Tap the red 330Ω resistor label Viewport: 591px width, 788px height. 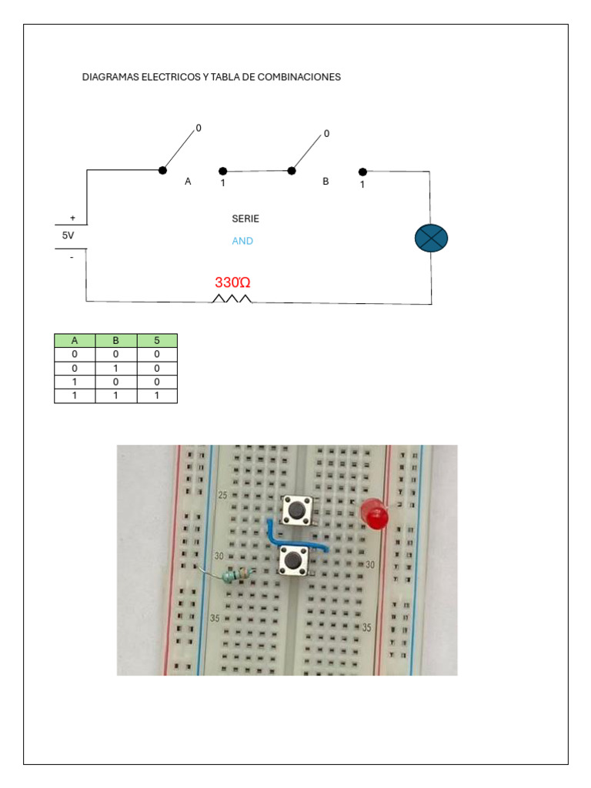point(232,282)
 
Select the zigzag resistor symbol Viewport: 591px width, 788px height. point(232,299)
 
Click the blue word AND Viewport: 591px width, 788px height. point(242,241)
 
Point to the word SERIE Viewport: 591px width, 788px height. point(245,219)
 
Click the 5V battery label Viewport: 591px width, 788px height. point(68,235)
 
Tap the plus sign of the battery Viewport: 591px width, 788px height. point(72,219)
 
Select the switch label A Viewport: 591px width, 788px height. point(188,182)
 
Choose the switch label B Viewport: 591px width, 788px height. point(326,182)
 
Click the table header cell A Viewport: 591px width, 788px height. point(75,340)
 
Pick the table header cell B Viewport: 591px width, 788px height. point(115,340)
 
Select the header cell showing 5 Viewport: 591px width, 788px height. point(157,340)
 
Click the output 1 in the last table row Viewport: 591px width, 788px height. point(157,396)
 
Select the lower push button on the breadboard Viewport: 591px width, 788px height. point(293,559)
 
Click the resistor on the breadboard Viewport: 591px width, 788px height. point(237,574)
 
